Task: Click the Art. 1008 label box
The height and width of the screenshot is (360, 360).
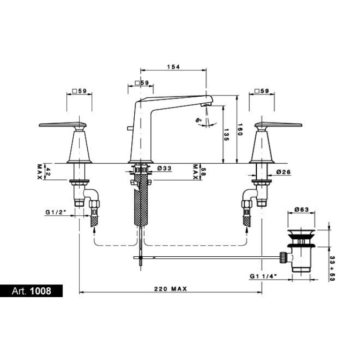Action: click(x=31, y=291)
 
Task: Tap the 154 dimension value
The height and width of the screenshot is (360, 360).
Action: click(x=173, y=67)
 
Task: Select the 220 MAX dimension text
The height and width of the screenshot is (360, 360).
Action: click(x=170, y=289)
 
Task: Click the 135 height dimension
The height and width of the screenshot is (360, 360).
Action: click(x=226, y=135)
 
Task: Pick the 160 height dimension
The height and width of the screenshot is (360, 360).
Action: click(x=240, y=130)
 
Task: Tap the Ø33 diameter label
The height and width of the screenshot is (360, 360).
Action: click(x=164, y=169)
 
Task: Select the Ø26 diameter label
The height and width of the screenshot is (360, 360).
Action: click(x=283, y=172)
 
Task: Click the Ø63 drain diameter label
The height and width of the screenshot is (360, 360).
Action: click(x=302, y=209)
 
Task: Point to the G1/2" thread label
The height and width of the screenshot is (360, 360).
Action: click(x=56, y=212)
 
